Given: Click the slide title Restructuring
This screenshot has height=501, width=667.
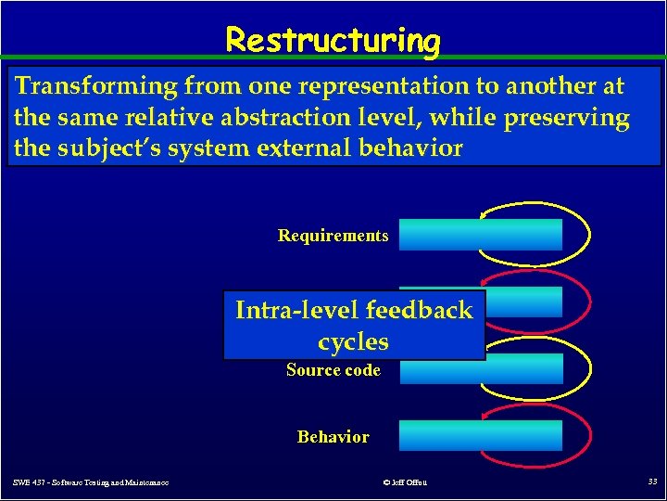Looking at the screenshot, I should click(333, 41).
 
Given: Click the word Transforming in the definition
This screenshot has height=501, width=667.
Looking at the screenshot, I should click(96, 86).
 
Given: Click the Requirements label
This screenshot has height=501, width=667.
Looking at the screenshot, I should click(333, 236).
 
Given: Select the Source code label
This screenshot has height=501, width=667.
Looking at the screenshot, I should click(333, 370).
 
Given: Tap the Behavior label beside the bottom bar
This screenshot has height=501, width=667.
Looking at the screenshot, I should click(333, 437).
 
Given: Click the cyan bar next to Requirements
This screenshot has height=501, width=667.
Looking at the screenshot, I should click(480, 235).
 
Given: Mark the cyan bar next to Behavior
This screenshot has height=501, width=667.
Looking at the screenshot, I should click(480, 435).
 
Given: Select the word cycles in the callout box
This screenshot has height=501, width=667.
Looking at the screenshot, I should click(353, 341).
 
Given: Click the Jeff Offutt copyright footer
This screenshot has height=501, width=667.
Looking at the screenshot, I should click(404, 482).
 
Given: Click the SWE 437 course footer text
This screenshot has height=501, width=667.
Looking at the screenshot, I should click(91, 482).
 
